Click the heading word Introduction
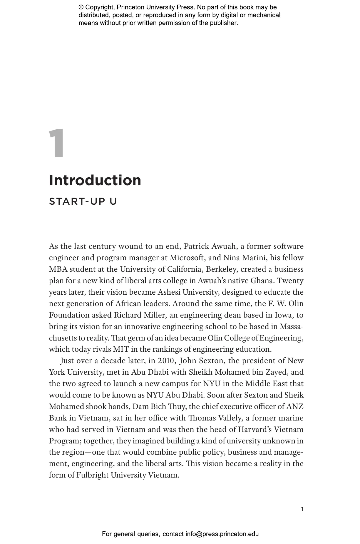click(95, 180)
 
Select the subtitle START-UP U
click(83, 201)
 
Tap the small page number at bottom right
click(302, 509)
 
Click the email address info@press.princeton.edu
click(222, 534)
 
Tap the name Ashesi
click(169, 292)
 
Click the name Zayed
click(277, 372)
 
